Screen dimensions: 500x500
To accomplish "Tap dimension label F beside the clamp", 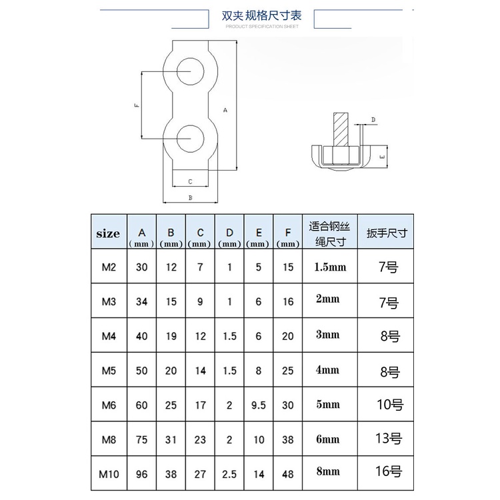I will pyautogui.click(x=136, y=105).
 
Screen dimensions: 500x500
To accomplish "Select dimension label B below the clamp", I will pyautogui.click(x=190, y=198).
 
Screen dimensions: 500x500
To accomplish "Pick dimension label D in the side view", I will pyautogui.click(x=373, y=119).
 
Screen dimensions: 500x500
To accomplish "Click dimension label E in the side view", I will pyautogui.click(x=382, y=157).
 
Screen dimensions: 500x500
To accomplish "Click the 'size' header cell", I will pyautogui.click(x=108, y=233).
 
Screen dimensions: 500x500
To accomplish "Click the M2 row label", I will pyautogui.click(x=109, y=267).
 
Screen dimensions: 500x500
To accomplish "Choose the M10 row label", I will pyautogui.click(x=109, y=475).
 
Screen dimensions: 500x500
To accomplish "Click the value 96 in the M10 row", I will pyautogui.click(x=142, y=475).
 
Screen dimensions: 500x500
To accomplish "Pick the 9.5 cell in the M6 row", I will pyautogui.click(x=259, y=405).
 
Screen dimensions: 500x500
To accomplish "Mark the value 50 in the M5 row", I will pyautogui.click(x=142, y=371).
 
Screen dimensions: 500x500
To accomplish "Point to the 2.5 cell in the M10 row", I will pyautogui.click(x=229, y=475).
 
